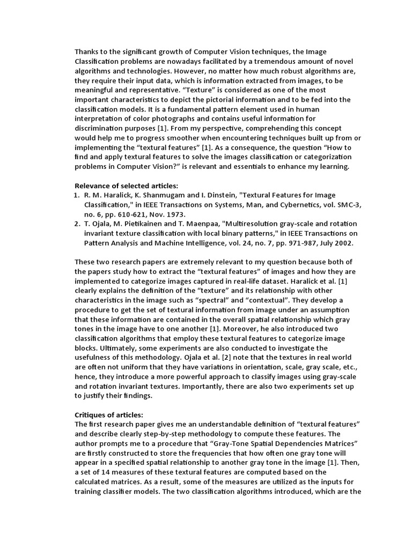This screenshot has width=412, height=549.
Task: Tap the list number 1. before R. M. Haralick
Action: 77,195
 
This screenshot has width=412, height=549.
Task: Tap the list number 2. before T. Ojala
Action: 77,223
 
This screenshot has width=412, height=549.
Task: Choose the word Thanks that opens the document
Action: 87,52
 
